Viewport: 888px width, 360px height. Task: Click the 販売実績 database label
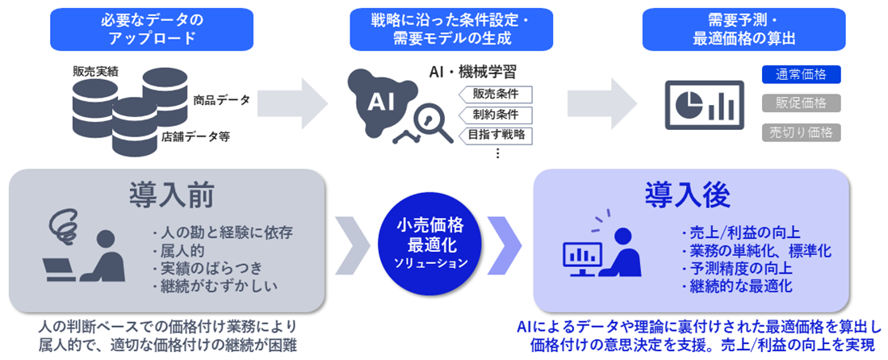[94, 72]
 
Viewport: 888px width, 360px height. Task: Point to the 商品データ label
[221, 100]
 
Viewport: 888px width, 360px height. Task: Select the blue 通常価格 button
[801, 75]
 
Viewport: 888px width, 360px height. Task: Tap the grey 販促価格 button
[801, 103]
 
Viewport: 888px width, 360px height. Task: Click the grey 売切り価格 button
[801, 132]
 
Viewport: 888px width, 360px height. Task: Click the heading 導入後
[687, 195]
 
